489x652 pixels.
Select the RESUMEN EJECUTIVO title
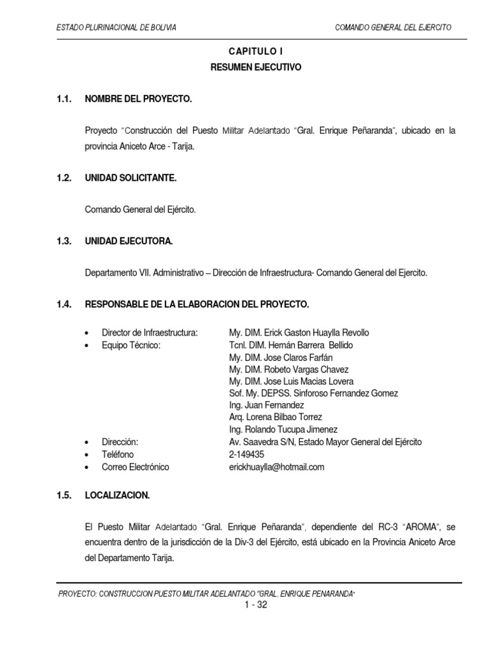[x=255, y=67]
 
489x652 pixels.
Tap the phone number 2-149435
[x=246, y=455]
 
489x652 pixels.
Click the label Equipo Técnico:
[x=131, y=345]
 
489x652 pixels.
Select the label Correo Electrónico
[x=136, y=467]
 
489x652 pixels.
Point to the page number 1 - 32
[x=255, y=605]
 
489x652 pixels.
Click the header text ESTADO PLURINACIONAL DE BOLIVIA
[x=117, y=28]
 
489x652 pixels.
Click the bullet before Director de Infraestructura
[x=87, y=333]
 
